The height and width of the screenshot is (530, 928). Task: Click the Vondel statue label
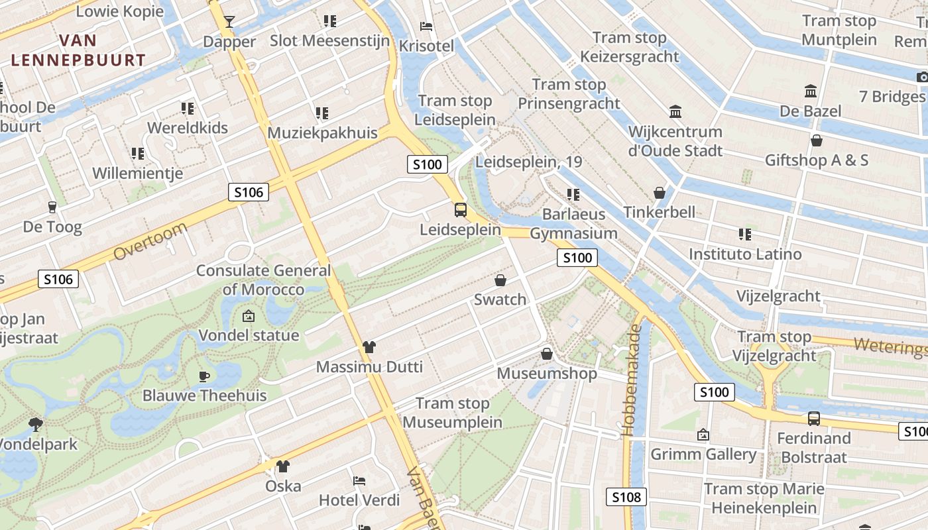tap(249, 335)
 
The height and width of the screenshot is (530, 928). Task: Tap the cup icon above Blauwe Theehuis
tap(204, 377)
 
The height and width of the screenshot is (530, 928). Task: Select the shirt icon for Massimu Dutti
tap(369, 347)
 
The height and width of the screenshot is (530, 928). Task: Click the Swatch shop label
tap(500, 299)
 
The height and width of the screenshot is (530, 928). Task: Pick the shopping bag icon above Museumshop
tap(547, 354)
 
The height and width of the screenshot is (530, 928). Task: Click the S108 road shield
tap(626, 497)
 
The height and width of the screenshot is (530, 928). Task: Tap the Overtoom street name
tap(150, 242)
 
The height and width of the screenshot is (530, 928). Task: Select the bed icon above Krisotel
tap(427, 26)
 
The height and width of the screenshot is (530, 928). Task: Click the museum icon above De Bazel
tap(810, 91)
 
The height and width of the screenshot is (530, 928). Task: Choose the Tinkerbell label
tap(660, 212)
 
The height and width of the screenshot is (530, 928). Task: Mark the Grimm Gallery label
tap(703, 454)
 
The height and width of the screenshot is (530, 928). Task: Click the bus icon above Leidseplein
tap(460, 211)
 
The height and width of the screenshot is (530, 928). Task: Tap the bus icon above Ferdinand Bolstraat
tap(813, 419)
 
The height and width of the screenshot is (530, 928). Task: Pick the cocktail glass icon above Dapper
tap(229, 22)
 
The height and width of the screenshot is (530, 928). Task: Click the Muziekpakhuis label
tap(322, 132)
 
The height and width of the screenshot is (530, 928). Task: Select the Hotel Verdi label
tap(359, 500)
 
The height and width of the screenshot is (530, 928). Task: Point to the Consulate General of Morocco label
tap(263, 280)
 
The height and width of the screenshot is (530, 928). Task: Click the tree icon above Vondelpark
tap(36, 424)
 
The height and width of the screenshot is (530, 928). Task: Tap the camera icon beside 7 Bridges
tap(922, 77)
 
